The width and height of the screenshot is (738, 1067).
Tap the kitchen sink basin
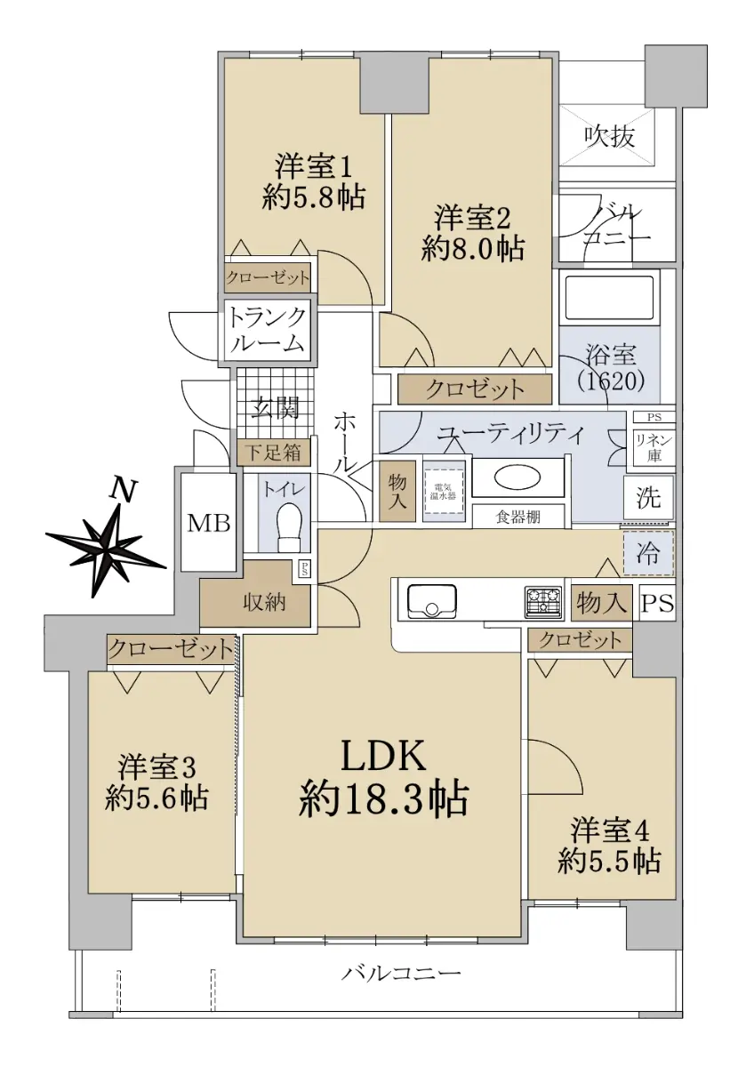point(431,601)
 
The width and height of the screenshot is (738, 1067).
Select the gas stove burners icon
point(543,602)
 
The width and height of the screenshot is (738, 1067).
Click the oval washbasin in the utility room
point(517,479)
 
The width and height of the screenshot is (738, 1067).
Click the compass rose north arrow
point(106,545)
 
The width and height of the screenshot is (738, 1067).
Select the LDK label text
point(383,755)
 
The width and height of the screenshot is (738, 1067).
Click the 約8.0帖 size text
point(472,248)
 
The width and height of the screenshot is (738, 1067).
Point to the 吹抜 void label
point(610,137)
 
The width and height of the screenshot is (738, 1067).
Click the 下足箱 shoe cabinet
point(274,452)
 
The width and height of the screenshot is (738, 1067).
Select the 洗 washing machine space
point(649,498)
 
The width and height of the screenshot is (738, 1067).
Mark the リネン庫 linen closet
point(654,446)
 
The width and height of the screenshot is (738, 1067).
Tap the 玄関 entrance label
point(275,408)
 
